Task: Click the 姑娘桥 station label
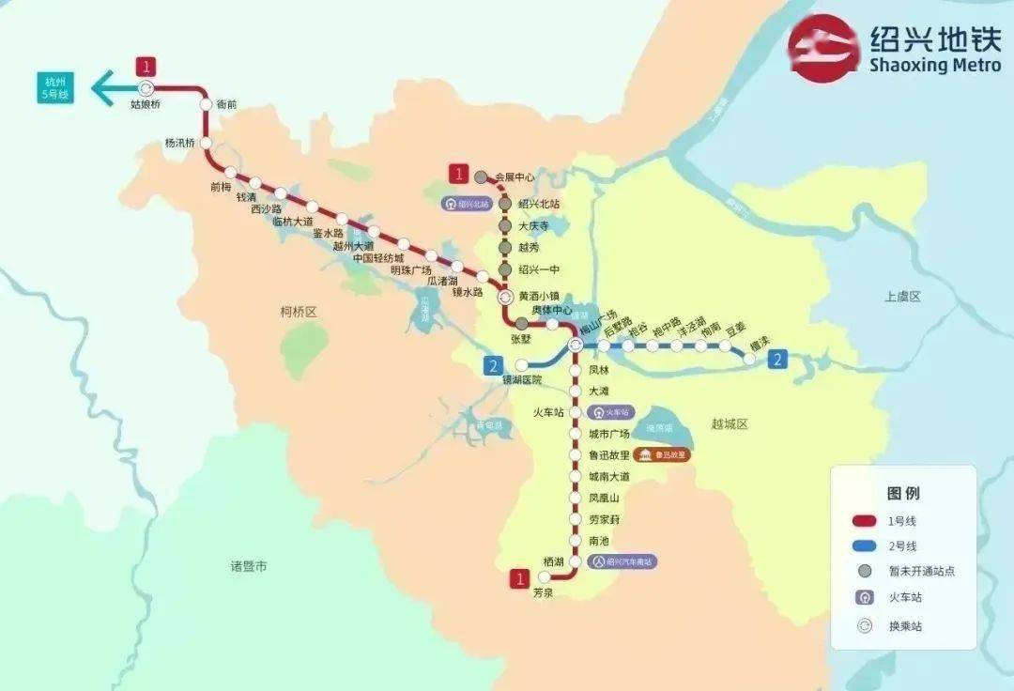146,104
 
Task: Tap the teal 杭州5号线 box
57,88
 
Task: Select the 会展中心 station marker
481,177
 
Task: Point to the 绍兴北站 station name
539,204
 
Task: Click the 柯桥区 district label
300,311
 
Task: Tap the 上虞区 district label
903,297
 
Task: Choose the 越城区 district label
730,424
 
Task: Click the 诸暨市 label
249,566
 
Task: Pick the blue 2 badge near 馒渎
777,359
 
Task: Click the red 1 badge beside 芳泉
518,578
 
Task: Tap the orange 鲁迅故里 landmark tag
662,455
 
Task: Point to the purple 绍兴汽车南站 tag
622,561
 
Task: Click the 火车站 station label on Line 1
547,412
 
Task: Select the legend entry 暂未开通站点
921,571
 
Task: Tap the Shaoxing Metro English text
934,65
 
